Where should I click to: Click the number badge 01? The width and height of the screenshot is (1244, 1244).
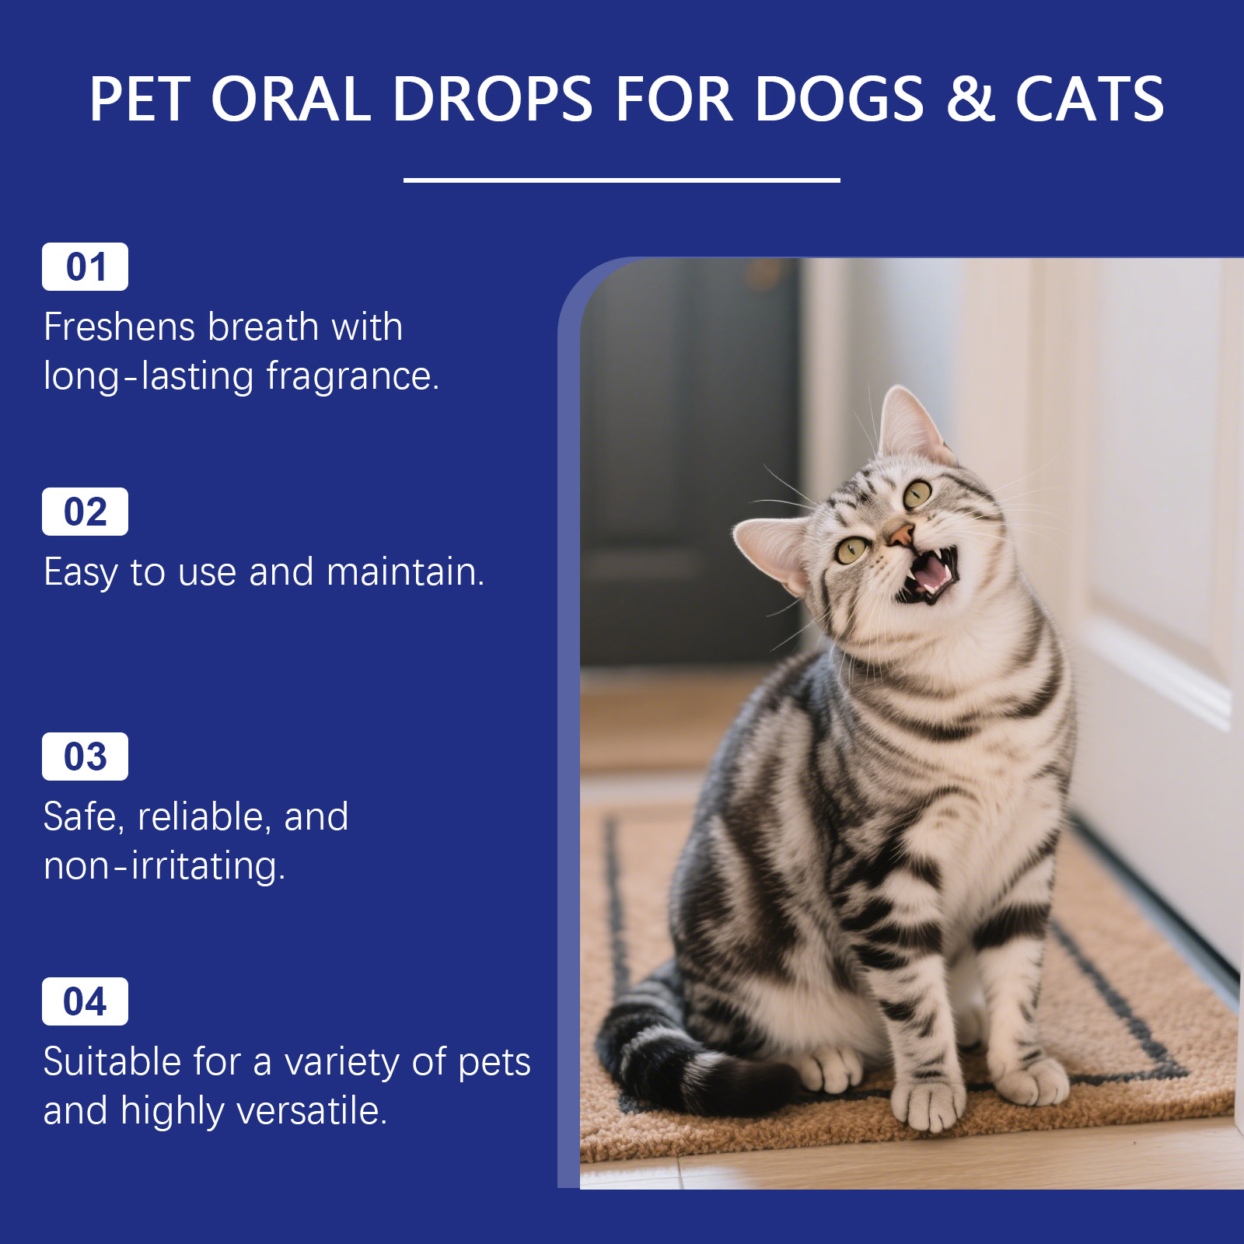pos(85,267)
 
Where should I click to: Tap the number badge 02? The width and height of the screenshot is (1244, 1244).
pos(85,512)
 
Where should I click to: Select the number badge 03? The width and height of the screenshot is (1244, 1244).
pos(85,757)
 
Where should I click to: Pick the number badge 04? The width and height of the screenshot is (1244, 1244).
pos(85,1001)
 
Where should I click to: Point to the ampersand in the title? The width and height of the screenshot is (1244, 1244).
pos(971,100)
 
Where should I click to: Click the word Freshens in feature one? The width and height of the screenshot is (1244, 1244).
pos(118,327)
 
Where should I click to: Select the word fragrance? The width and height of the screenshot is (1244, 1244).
pos(353,377)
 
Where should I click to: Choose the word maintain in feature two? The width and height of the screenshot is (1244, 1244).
pos(405,571)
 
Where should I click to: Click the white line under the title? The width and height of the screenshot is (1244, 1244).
pos(622,180)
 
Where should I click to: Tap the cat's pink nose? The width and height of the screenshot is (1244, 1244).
pos(900,534)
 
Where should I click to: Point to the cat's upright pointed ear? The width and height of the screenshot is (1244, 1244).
pos(910,424)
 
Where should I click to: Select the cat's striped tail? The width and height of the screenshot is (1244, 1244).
pos(684,1057)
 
